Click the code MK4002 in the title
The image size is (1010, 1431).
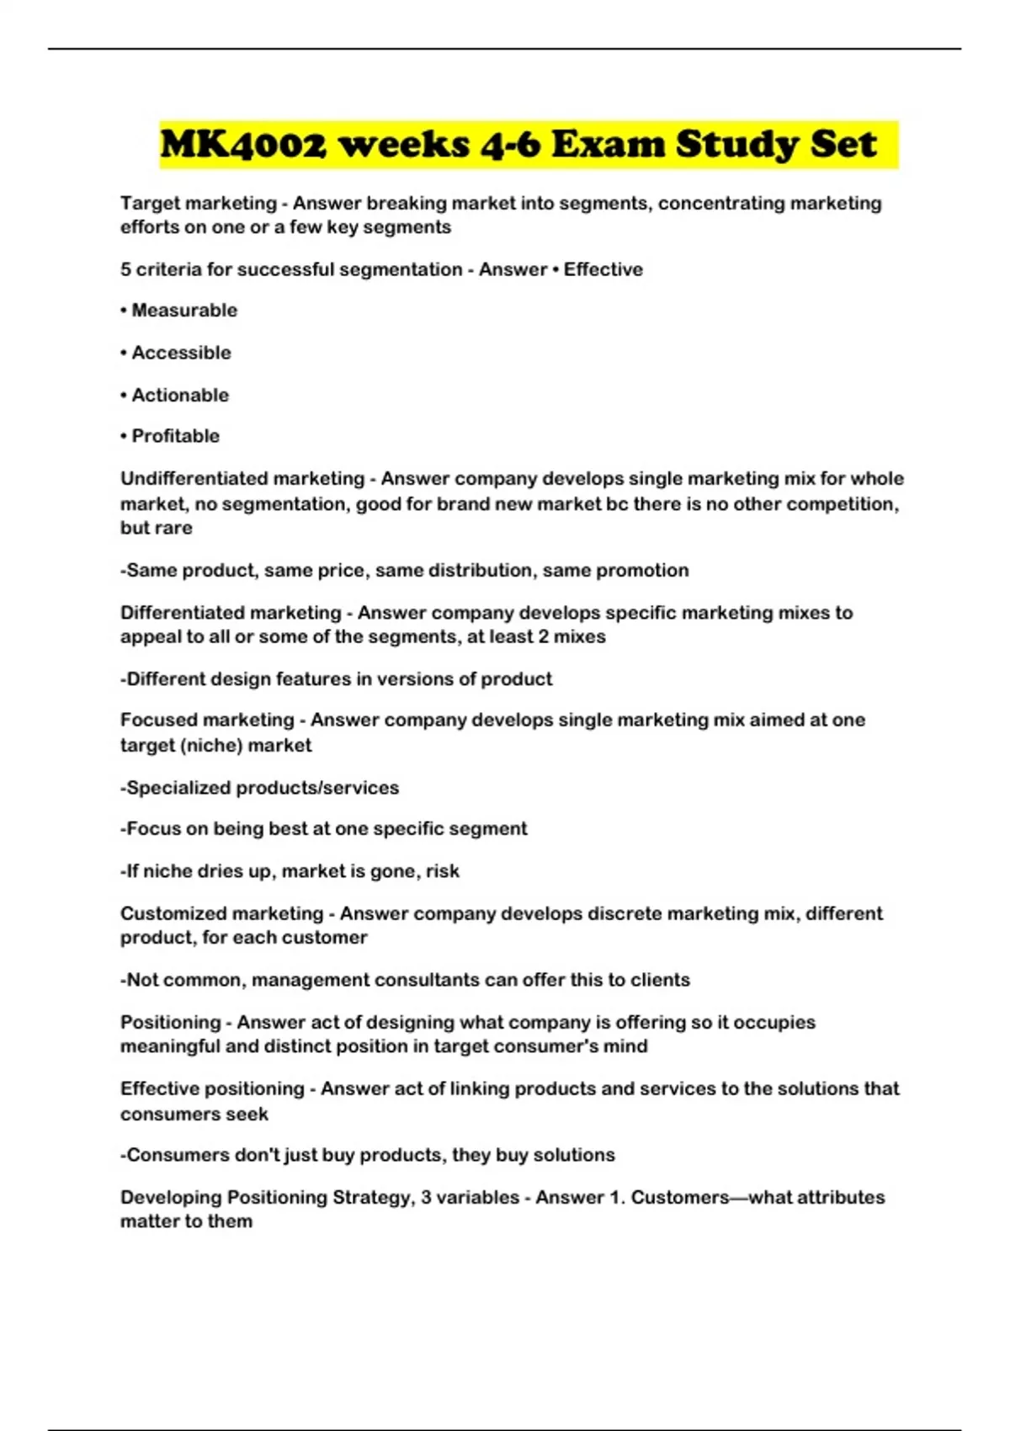click(242, 145)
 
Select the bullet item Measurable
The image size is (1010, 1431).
click(184, 311)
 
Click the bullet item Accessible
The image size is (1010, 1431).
click(181, 353)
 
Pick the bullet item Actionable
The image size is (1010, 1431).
click(180, 395)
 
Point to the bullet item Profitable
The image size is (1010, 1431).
click(175, 436)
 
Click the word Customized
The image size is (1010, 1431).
click(173, 914)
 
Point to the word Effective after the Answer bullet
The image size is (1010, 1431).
click(603, 270)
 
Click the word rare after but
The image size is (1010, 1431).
click(174, 529)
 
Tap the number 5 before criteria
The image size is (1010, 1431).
click(125, 270)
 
